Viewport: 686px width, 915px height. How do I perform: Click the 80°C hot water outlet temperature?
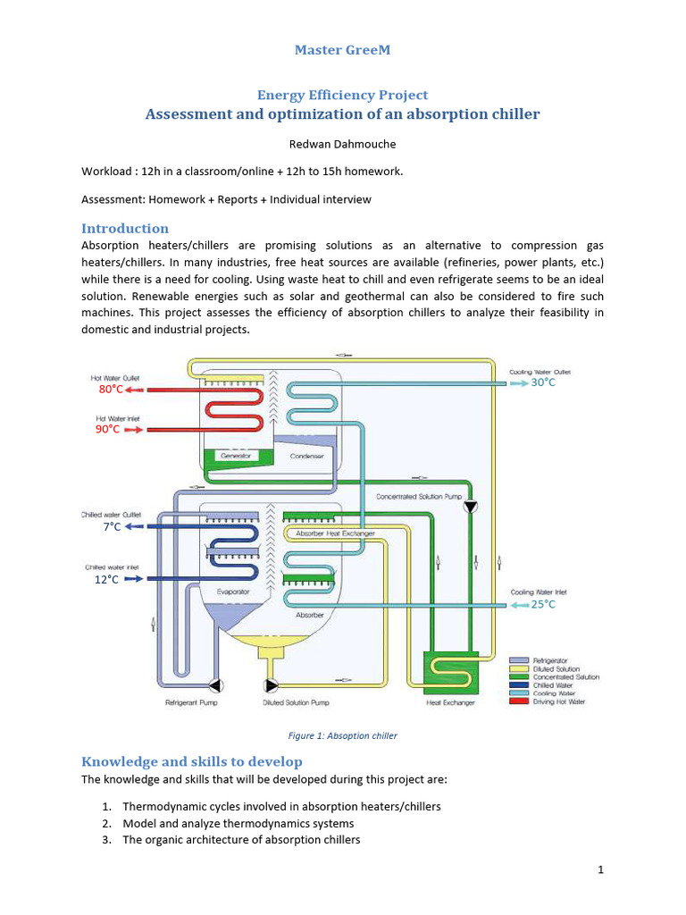point(110,390)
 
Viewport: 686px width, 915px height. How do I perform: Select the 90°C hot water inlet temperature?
point(107,429)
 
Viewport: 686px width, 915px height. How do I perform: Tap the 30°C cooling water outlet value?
point(543,382)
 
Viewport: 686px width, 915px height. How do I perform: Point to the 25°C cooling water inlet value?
point(543,605)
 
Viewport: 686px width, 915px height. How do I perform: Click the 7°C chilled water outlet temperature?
point(112,527)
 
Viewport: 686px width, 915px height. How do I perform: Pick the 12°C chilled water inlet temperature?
point(107,579)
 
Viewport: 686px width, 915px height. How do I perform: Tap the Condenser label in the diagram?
point(306,456)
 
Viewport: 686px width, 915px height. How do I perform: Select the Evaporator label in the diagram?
point(233,592)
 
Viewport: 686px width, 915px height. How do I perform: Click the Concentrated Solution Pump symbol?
point(471,507)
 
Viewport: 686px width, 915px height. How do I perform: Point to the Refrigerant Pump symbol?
point(215,686)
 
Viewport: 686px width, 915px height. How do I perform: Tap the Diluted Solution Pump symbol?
point(271,686)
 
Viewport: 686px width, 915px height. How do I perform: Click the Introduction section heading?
point(125,228)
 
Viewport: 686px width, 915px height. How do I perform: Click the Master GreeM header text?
point(342,49)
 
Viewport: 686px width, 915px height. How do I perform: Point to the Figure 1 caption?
point(342,735)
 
